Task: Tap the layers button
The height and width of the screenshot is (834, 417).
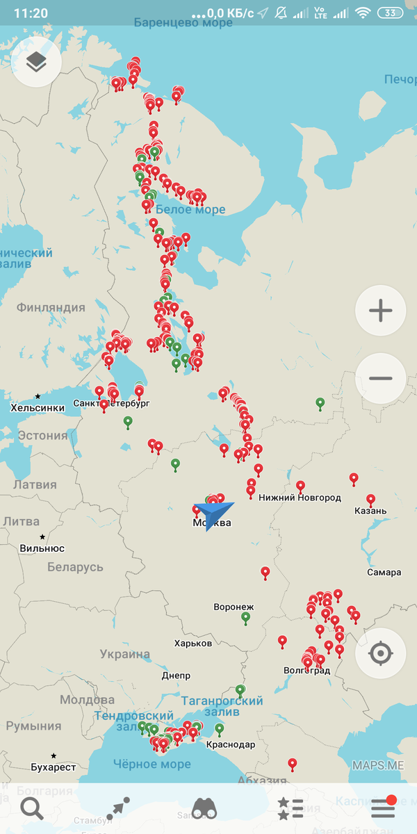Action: [36, 62]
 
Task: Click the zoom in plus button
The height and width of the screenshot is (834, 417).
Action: [380, 311]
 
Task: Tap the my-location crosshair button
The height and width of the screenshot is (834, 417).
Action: [380, 654]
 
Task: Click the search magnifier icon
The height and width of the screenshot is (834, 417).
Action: [31, 808]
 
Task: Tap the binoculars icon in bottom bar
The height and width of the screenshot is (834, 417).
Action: [204, 808]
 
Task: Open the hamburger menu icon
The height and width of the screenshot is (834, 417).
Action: [382, 808]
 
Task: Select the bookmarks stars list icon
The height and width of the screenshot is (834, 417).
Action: [291, 808]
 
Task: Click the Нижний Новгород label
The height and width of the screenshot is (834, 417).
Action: [300, 498]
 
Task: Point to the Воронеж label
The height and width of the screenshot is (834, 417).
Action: [234, 607]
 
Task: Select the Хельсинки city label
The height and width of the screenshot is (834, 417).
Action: [38, 407]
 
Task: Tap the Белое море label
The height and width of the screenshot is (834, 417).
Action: [190, 209]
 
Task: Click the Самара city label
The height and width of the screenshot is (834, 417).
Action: [384, 572]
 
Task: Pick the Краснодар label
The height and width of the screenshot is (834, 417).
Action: [230, 744]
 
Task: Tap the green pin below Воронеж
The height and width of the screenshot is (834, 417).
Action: [245, 618]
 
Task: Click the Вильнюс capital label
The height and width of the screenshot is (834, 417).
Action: [42, 548]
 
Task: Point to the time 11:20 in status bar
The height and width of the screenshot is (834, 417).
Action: [31, 13]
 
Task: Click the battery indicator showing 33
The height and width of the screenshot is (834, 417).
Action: [389, 13]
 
